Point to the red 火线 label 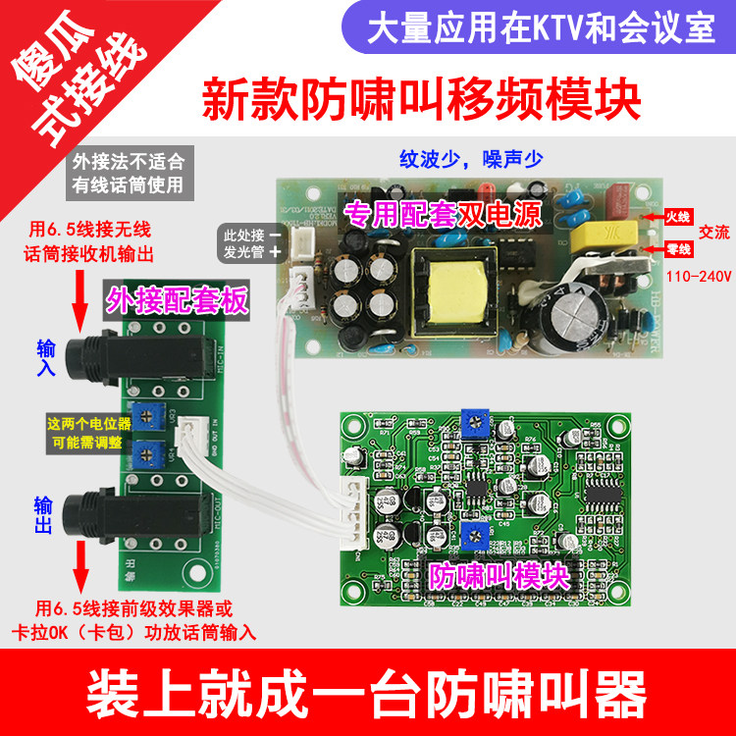tap(678, 216)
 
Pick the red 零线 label tap(678, 249)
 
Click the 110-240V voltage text tap(700, 277)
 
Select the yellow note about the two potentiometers tap(86, 433)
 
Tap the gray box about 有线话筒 tap(128, 171)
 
